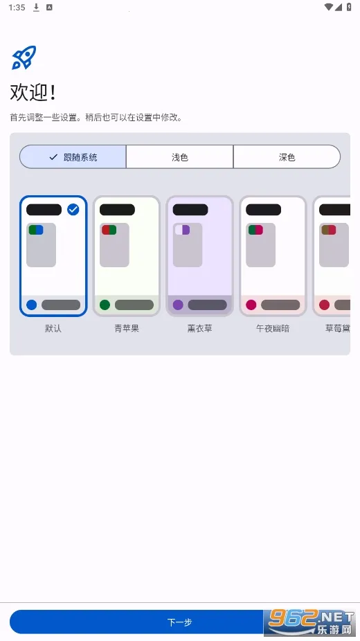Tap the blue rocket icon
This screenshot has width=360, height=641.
tap(24, 57)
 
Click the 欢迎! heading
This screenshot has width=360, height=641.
tap(33, 93)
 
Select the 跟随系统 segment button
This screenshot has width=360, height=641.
tap(73, 157)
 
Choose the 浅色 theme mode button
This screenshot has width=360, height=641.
tap(180, 157)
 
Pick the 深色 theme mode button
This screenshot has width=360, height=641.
tap(287, 157)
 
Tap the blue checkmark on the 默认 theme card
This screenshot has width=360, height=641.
tap(73, 209)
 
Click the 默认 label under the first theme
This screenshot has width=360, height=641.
tap(53, 328)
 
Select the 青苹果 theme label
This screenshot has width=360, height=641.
tap(127, 328)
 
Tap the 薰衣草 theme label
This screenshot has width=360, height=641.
tap(199, 328)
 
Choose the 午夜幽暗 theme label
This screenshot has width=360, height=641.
tap(273, 328)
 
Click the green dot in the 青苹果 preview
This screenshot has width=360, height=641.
tap(105, 305)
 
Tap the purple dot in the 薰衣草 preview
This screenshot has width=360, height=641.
tap(178, 305)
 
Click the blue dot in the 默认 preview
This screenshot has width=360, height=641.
tap(31, 305)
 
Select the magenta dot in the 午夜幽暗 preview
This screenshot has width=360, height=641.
tap(251, 305)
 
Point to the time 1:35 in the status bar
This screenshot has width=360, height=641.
tap(17, 7)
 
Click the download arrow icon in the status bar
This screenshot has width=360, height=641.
tap(36, 7)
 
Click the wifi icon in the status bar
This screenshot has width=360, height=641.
tap(328, 7)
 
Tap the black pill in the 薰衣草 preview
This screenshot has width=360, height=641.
tap(190, 210)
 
